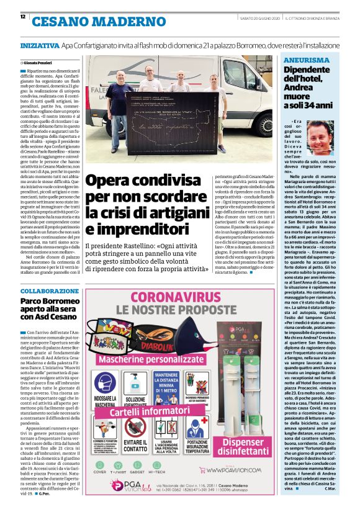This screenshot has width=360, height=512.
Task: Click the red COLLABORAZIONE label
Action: pyautogui.click(x=48, y=292)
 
